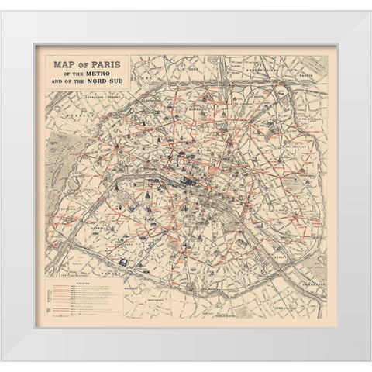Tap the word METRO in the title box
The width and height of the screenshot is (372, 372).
(x=95, y=77)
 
